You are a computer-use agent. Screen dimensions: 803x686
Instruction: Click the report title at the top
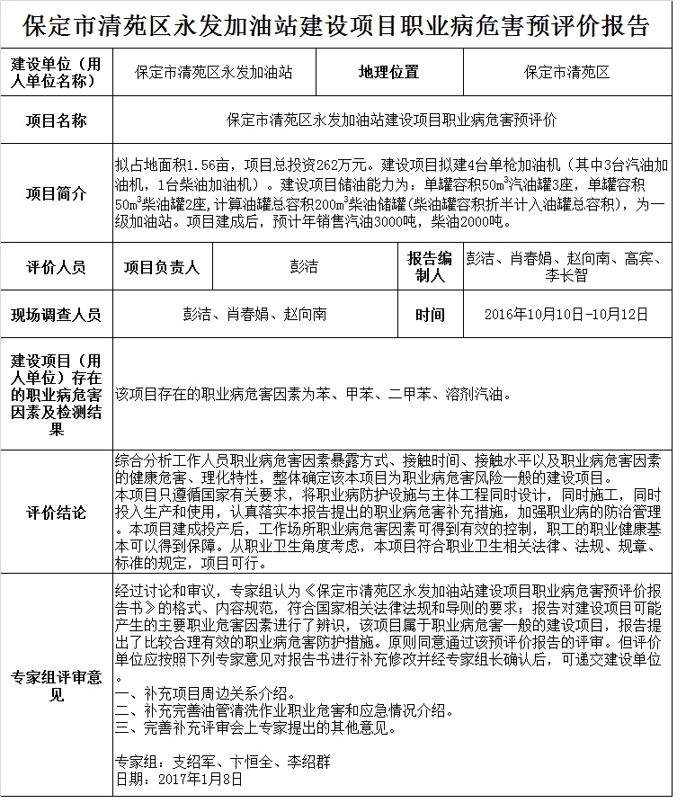pos(343,25)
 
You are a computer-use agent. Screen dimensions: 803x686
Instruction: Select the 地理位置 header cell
pos(388,73)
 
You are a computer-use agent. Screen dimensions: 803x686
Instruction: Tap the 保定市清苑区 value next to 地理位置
pos(566,73)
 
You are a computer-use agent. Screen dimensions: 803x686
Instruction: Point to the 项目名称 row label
pos(57,120)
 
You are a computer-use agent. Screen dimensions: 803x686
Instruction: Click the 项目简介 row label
pos(57,193)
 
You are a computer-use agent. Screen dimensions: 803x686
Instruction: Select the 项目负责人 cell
pos(162,267)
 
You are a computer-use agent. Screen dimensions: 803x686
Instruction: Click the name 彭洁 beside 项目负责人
pos(303,267)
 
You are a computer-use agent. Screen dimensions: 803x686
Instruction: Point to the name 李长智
pos(566,276)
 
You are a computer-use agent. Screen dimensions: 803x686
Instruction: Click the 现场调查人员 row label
pos(57,315)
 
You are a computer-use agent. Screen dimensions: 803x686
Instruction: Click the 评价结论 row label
pos(57,513)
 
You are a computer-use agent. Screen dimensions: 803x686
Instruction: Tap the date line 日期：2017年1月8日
pos(180,779)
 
